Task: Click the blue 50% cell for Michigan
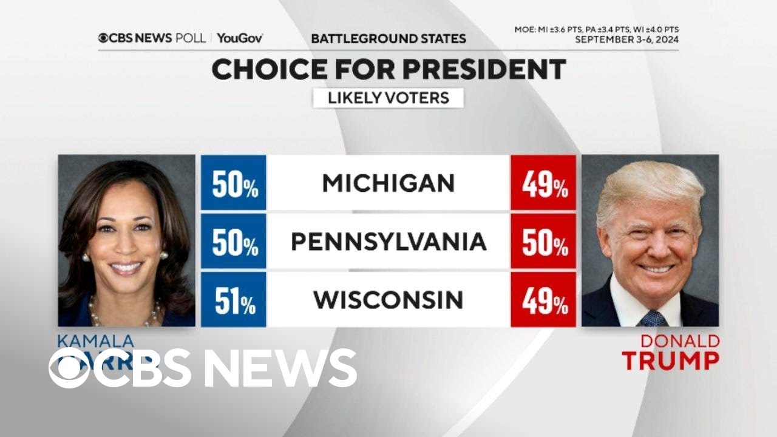234,183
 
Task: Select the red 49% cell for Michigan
543,183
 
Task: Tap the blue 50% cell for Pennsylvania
234,242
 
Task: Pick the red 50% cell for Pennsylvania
543,242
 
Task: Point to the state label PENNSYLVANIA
388,242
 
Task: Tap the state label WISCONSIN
388,300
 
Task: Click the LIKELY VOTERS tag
388,98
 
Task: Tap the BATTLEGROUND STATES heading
388,38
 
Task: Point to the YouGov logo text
240,38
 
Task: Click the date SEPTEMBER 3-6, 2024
626,40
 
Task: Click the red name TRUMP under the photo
670,361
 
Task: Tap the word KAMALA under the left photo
96,341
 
